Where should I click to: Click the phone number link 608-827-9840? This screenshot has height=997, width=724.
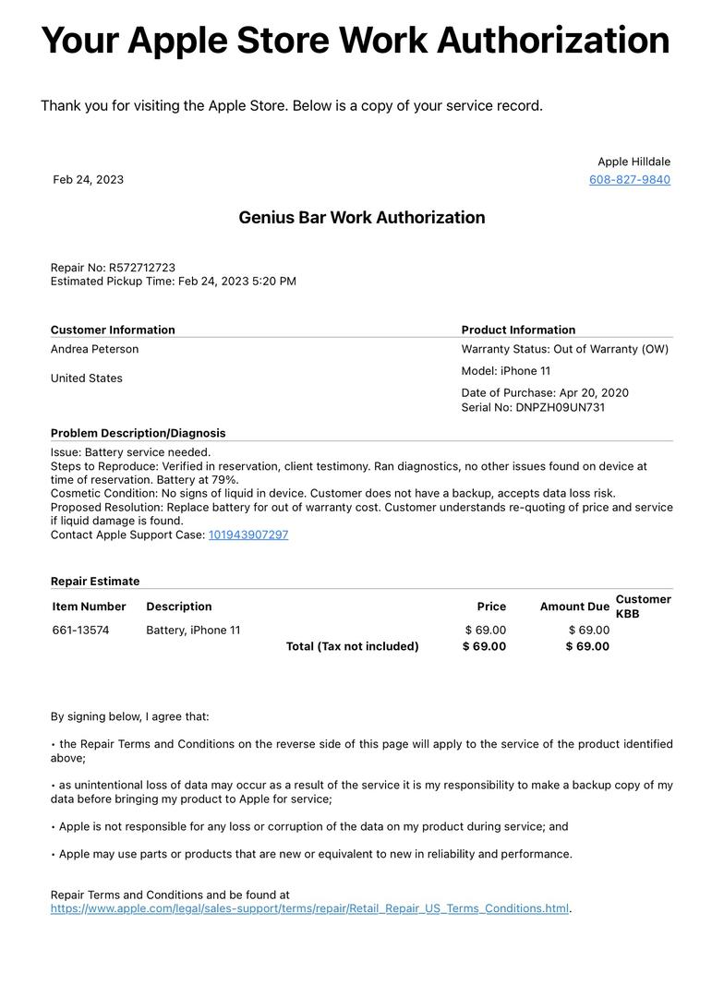pyautogui.click(x=630, y=180)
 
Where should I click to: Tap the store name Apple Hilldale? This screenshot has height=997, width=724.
pyautogui.click(x=633, y=162)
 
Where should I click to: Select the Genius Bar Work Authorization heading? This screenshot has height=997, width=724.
pyautogui.click(x=361, y=218)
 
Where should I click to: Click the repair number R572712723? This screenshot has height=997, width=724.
pyautogui.click(x=142, y=268)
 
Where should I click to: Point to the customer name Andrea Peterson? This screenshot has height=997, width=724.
pyautogui.click(x=94, y=350)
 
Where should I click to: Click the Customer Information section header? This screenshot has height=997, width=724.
pyautogui.click(x=113, y=330)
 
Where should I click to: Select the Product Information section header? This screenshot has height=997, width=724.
pyautogui.click(x=518, y=330)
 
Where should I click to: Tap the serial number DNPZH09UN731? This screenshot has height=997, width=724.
pyautogui.click(x=561, y=408)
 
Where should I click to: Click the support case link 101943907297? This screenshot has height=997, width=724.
pyautogui.click(x=248, y=535)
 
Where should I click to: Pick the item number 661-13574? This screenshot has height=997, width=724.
pyautogui.click(x=80, y=631)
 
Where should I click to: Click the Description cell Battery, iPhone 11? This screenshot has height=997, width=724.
pyautogui.click(x=193, y=631)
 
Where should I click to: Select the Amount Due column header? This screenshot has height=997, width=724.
pyautogui.click(x=574, y=607)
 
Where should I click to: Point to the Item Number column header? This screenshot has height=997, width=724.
pyautogui.click(x=89, y=607)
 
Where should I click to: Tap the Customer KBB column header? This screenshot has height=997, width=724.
pyautogui.click(x=643, y=607)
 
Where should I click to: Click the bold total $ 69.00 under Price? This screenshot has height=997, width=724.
pyautogui.click(x=484, y=647)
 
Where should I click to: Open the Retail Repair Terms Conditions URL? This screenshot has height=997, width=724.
pyautogui.click(x=309, y=909)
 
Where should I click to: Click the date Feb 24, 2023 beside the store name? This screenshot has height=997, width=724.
pyautogui.click(x=88, y=180)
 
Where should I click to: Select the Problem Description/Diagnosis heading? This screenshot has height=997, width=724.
pyautogui.click(x=138, y=434)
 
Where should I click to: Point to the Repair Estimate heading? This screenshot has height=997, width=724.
pyautogui.click(x=95, y=582)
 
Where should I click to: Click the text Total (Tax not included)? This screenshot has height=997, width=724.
pyautogui.click(x=352, y=647)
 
